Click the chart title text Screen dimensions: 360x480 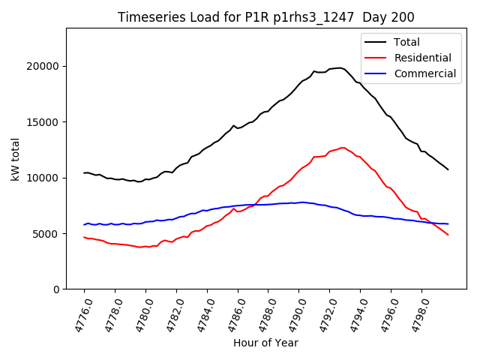266,17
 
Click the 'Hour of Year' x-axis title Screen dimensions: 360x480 265,343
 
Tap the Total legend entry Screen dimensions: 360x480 407,42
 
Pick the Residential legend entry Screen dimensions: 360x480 422,58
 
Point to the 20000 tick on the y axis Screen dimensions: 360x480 45,66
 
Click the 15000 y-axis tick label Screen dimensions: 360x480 45,122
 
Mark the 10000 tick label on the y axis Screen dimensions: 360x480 45,178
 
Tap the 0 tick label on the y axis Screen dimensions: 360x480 57,289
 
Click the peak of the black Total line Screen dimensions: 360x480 340,67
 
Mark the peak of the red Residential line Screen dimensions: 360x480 343,148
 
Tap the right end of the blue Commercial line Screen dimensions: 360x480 448,223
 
